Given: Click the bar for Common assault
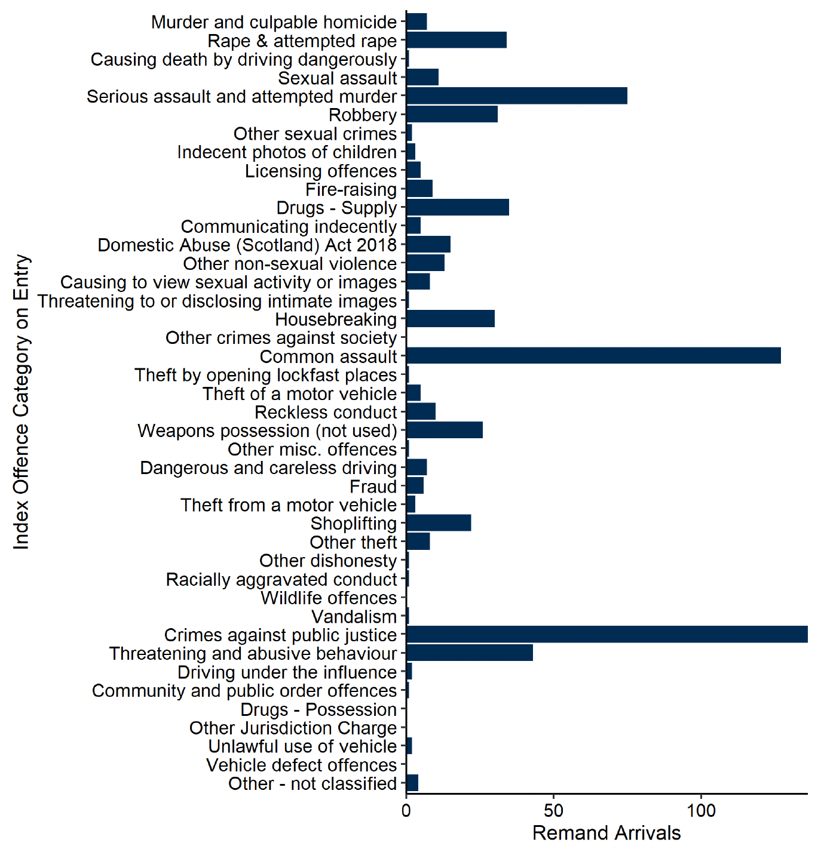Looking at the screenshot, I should point(593,356).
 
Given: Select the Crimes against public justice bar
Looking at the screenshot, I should point(606,635).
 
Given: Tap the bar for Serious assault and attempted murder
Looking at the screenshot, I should point(517,96).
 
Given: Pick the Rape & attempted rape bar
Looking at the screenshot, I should point(457,41).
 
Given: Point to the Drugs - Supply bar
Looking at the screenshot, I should point(458,208).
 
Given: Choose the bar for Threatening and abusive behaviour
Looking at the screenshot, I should point(470,653).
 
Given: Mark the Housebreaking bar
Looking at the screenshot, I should point(451,319).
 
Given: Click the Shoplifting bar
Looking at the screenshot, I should point(439,523).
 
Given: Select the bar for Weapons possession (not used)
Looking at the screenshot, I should point(445,430).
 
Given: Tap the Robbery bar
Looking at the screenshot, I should point(452,115).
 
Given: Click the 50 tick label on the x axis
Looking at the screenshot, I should point(554,811).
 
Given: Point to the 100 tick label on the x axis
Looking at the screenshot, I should point(701,811).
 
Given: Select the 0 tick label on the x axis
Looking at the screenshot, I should point(406,811).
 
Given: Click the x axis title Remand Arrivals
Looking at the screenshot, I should point(606,834).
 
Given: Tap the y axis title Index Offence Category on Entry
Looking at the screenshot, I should point(22,402).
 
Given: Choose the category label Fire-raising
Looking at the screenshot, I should point(351,190).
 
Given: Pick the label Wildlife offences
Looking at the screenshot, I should point(329,598).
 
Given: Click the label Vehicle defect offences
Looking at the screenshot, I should point(302,765).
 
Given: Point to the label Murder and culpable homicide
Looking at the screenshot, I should point(274,23).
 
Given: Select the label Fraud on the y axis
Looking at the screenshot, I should point(373,487).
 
